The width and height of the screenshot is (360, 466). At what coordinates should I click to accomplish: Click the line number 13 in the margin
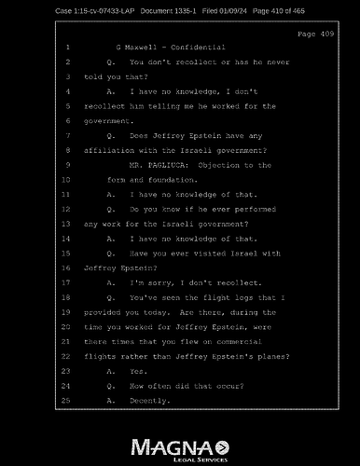[66, 224]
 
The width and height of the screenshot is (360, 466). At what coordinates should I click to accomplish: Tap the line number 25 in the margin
[66, 400]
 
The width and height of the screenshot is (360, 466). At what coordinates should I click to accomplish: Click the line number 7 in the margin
[68, 135]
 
